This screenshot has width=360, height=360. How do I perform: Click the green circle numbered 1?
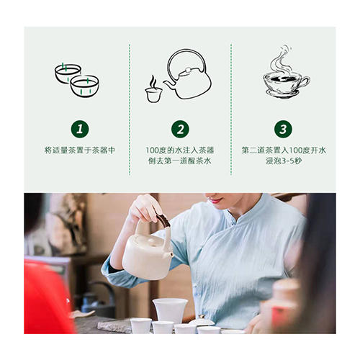pos(79,130)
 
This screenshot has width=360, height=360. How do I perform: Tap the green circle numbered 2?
pos(181,130)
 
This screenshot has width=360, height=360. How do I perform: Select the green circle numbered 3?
pos(284,130)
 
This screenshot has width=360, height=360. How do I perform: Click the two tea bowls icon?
pos(77,79)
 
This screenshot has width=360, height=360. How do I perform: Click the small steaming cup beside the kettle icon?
pos(153,90)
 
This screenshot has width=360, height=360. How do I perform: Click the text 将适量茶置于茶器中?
pos(79,150)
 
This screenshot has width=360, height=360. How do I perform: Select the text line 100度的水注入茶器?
pos(181,150)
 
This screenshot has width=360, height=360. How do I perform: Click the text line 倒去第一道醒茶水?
pos(181,163)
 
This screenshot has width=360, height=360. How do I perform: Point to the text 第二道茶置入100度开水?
pos(284,150)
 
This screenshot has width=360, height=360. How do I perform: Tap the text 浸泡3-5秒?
pos(284,163)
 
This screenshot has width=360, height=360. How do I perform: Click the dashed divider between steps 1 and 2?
pos(130,108)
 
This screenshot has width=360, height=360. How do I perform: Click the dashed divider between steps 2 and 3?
pos(231,108)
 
